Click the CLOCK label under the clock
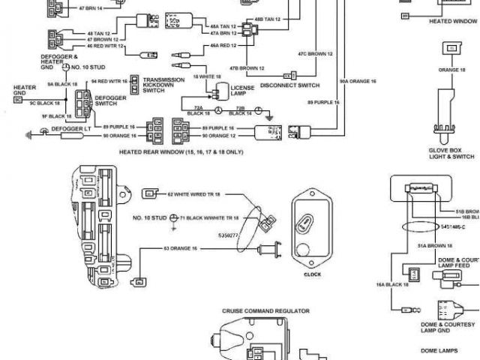(x=311, y=274)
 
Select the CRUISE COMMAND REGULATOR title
(x=266, y=310)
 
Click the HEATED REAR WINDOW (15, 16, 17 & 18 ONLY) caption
(x=181, y=151)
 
